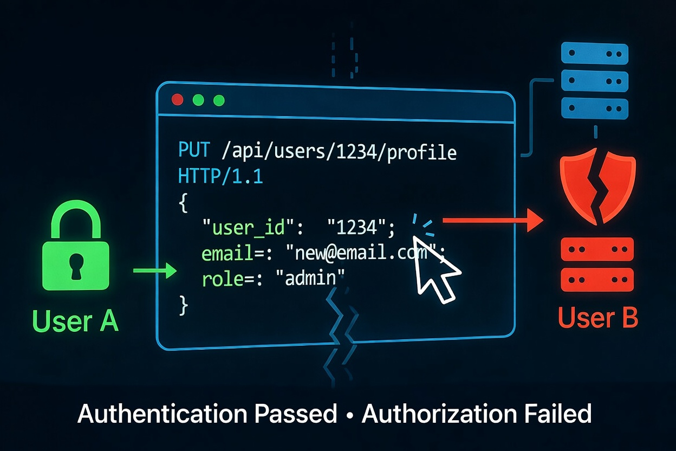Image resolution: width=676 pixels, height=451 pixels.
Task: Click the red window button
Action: tap(177, 100)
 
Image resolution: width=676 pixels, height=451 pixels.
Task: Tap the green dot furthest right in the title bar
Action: tap(219, 100)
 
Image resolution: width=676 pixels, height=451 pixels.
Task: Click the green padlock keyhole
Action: tap(75, 262)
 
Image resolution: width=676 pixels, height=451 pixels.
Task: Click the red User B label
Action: tap(597, 318)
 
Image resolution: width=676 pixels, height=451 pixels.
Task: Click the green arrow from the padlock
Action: tap(155, 270)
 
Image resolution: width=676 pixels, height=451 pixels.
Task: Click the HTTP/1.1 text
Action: tap(220, 176)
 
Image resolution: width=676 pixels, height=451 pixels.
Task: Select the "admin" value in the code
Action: tap(310, 279)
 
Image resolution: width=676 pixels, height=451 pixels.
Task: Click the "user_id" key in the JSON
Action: tap(243, 228)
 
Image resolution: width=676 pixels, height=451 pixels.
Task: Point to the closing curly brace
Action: tap(183, 305)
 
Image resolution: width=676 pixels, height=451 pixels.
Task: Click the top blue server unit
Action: tap(595, 54)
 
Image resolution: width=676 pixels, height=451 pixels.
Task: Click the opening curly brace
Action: tap(183, 203)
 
